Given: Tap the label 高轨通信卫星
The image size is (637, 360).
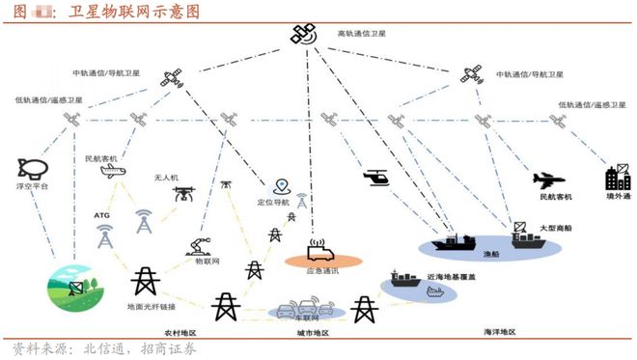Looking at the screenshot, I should pos(361,34).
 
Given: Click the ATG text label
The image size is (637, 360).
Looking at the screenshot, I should pos(102,215).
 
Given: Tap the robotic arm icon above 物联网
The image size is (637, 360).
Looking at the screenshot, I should pos(200,244).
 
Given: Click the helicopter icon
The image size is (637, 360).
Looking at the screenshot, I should pos(374,180).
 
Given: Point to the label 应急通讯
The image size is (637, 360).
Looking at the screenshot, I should pos(321,271).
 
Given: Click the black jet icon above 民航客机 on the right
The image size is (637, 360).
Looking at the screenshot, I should pos(547,180).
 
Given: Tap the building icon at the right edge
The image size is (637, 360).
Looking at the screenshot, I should pos(617,178).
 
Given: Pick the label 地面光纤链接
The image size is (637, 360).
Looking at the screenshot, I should pos(150,307).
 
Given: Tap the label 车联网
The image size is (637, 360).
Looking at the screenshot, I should pos(307,316).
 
